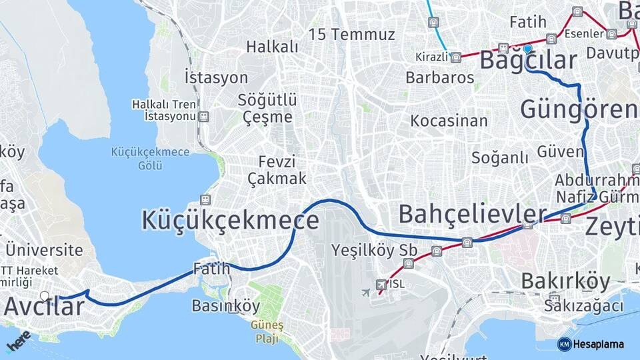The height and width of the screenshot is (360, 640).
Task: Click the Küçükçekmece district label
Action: (x=230, y=220)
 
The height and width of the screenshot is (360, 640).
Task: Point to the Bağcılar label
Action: (x=528, y=61)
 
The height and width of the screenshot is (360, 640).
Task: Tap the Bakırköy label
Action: (x=565, y=281)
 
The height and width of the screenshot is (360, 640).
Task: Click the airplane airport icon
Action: (x=366, y=292)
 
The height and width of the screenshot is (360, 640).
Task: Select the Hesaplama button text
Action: (x=597, y=344)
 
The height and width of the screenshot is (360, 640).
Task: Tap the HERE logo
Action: (x=17, y=341)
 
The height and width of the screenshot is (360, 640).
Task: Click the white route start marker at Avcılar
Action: (x=45, y=296)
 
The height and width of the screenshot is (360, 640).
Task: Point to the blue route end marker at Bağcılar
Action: (x=527, y=49)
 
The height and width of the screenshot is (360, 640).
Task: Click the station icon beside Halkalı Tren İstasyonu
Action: (x=203, y=117)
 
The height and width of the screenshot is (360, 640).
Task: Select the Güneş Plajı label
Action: (x=267, y=331)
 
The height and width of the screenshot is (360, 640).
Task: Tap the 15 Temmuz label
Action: (x=351, y=35)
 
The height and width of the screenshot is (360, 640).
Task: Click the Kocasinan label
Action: (x=449, y=121)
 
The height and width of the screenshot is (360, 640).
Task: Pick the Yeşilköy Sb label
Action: (x=374, y=251)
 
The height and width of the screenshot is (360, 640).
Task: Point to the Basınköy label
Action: (x=225, y=306)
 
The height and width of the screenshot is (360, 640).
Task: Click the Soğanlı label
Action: (x=499, y=157)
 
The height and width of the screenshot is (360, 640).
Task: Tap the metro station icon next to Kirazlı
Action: (x=456, y=58)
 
